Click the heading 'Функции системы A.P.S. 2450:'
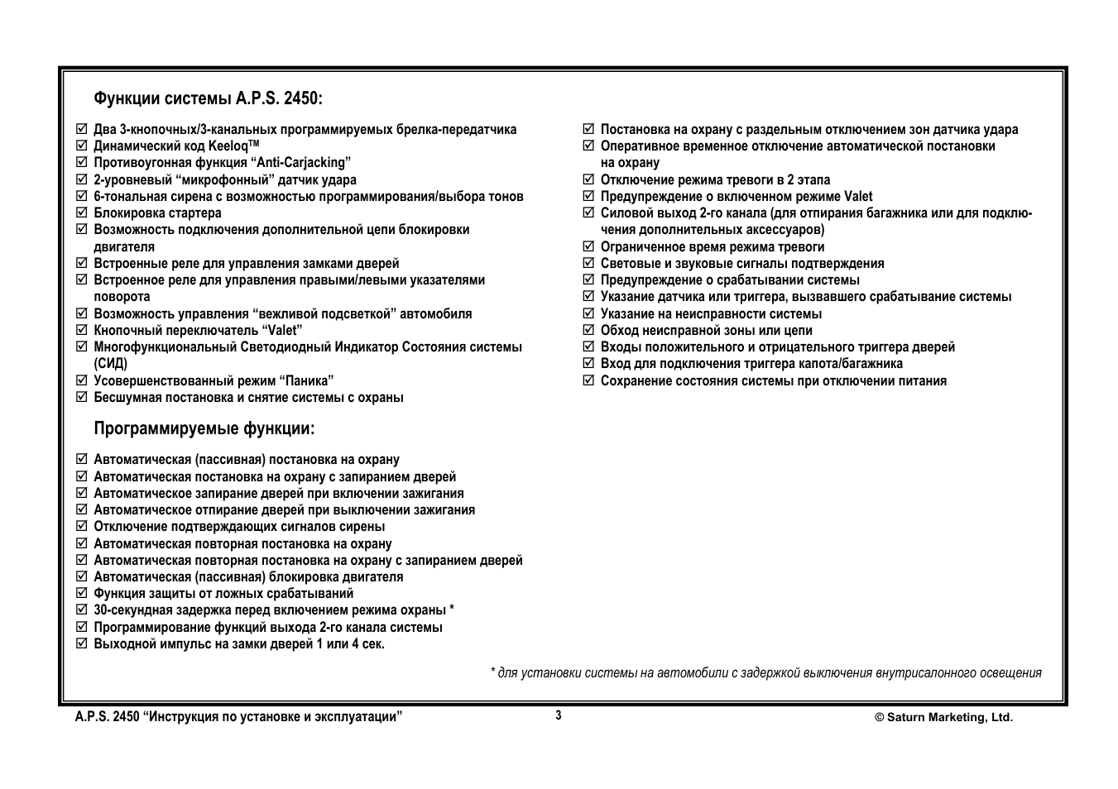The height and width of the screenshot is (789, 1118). [x=208, y=99]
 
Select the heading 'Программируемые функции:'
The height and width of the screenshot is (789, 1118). [x=204, y=428]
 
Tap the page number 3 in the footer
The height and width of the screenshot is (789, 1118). [x=559, y=715]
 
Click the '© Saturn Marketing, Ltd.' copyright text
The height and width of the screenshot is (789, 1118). [x=943, y=718]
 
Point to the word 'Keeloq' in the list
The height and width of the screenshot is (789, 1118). [x=228, y=146]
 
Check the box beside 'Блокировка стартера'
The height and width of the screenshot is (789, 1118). [x=81, y=213]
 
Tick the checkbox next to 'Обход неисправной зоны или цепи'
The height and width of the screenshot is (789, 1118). [x=588, y=330]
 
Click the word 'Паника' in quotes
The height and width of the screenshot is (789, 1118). [x=305, y=380]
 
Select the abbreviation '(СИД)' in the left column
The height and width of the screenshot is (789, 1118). [x=111, y=363]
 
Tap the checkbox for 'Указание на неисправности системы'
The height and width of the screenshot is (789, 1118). [x=588, y=313]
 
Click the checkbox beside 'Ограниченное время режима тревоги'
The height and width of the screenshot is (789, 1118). [x=588, y=246]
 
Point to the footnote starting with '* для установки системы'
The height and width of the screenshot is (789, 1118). [x=765, y=672]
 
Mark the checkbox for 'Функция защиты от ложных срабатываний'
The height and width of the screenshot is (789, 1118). [x=81, y=593]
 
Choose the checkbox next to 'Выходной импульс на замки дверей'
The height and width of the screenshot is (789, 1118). [x=81, y=643]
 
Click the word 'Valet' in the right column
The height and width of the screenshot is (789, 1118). [x=857, y=197]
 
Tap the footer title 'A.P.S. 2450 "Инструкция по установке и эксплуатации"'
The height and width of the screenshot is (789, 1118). [x=238, y=717]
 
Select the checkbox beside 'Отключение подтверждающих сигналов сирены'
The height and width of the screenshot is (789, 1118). [x=81, y=526]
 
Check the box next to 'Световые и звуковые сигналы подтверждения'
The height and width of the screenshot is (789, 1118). [x=588, y=263]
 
